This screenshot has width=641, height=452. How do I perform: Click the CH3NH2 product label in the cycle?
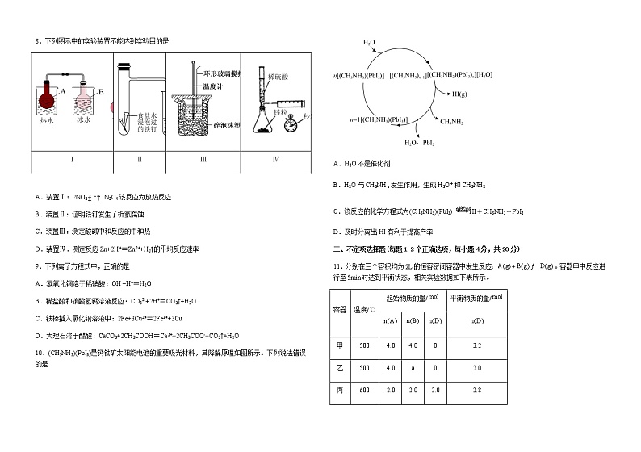coord(452,121)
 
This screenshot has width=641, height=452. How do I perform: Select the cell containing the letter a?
coord(413,368)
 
